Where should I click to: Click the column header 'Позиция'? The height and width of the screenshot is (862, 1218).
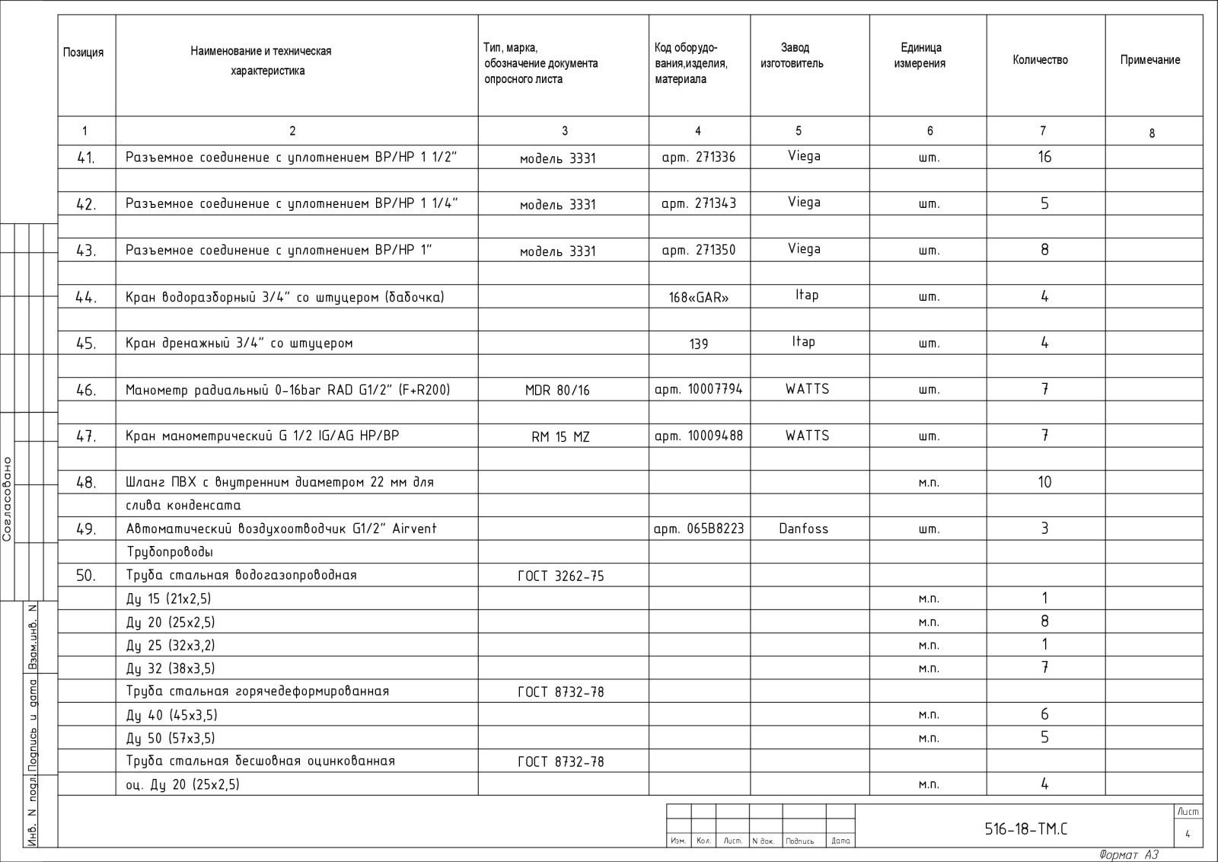point(83,53)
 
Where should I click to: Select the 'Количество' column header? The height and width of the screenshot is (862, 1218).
point(1040,60)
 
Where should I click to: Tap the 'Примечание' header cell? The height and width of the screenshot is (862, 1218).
point(1149,60)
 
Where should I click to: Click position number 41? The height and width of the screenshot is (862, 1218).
point(85,158)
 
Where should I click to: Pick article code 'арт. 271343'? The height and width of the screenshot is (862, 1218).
point(699,203)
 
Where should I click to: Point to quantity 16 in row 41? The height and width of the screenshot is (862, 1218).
point(1044,157)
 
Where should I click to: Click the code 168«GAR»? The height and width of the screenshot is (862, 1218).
point(699,298)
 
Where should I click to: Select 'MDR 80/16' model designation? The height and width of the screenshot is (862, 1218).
point(557,391)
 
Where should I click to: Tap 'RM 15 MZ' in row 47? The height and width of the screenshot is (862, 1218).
point(560,437)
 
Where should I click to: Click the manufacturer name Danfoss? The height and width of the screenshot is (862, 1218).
point(803,528)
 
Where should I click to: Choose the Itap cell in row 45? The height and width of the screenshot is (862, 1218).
point(803,342)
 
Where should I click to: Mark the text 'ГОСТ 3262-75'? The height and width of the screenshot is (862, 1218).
point(561,576)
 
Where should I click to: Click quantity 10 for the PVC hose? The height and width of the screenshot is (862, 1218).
point(1044,482)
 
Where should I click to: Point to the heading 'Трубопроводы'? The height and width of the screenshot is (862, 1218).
point(169,552)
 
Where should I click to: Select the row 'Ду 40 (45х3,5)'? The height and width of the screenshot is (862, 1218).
point(171,715)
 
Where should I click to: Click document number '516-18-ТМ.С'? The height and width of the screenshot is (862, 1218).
point(1026,829)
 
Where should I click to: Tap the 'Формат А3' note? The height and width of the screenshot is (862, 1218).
point(1129,855)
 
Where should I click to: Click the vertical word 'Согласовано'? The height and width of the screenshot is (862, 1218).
point(8,499)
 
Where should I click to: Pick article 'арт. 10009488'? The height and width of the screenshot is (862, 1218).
point(699,436)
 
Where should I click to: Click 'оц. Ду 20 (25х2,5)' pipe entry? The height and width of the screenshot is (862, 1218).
point(182,784)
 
